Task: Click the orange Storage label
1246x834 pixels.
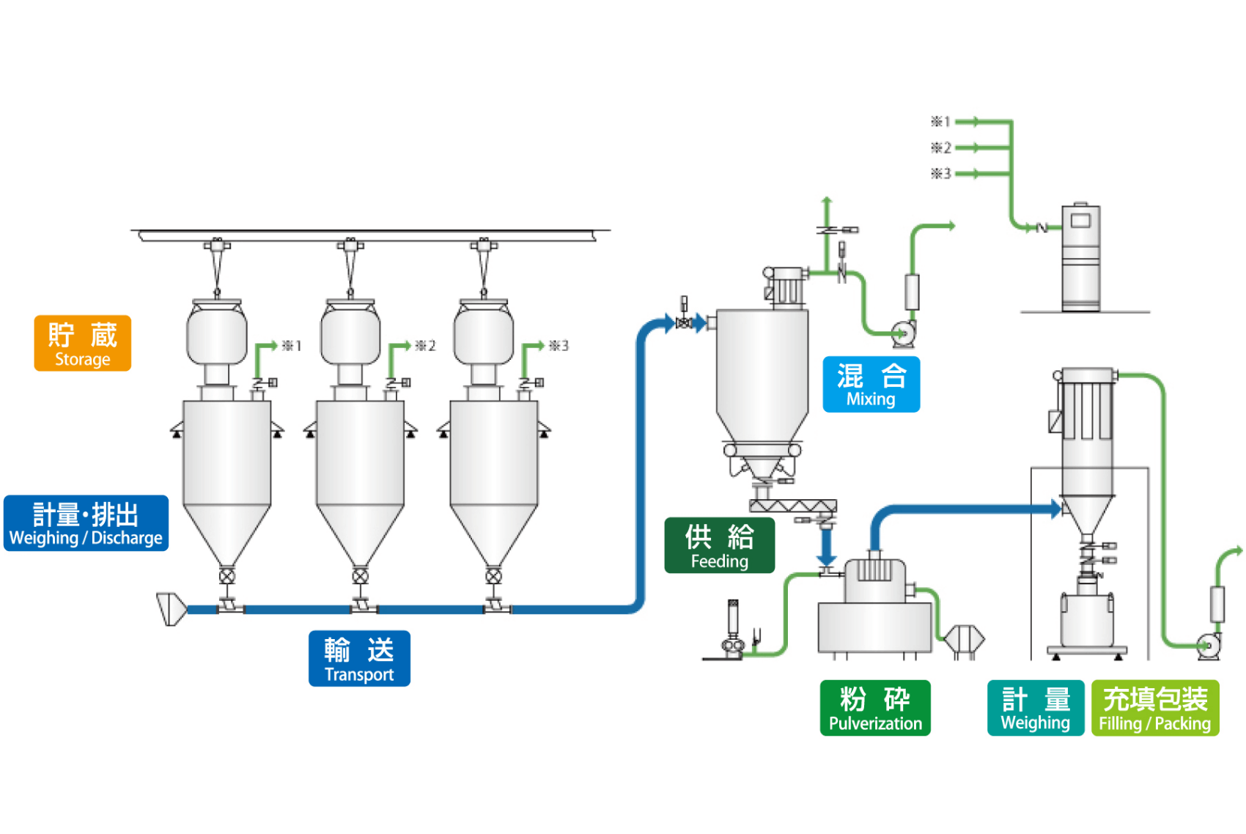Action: [x=82, y=343]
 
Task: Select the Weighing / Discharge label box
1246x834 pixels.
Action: [x=86, y=523]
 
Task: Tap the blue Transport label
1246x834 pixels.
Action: [x=359, y=658]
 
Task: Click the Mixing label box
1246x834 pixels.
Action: [x=871, y=385]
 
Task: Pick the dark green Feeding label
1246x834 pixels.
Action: [x=719, y=545]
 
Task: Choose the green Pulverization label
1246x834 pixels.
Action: [x=875, y=708]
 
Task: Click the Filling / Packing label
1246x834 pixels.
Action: [x=1155, y=708]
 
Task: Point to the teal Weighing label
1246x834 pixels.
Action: [x=1035, y=708]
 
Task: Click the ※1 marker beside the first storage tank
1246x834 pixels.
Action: [x=292, y=346]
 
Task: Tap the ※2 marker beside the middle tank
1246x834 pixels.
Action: [x=425, y=346]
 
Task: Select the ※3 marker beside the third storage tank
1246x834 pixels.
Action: [x=559, y=346]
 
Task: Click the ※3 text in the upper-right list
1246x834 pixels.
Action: [x=941, y=174]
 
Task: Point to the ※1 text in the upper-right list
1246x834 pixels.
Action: [x=941, y=122]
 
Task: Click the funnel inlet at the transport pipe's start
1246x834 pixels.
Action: [x=171, y=609]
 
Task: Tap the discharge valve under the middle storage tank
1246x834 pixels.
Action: [x=360, y=576]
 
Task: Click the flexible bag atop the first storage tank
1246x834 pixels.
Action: [x=217, y=333]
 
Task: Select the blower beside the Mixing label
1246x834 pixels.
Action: [x=904, y=334]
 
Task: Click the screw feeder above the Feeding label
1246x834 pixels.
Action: [x=792, y=506]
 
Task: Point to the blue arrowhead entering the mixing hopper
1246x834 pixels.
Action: [x=701, y=322]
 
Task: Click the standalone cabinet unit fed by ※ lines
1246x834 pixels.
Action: [x=1081, y=258]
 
